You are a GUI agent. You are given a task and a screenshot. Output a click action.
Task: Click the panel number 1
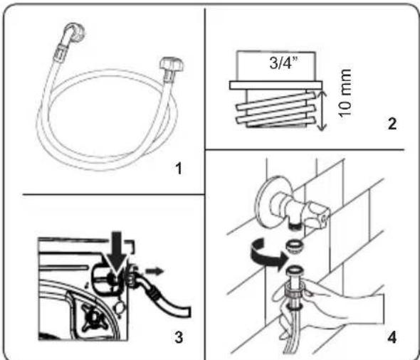pos(179,169)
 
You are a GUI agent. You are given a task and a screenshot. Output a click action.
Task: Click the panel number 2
pos(392,124)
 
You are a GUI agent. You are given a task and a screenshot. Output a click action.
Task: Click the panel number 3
pos(179,337)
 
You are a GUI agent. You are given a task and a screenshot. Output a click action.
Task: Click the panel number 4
pos(392,337)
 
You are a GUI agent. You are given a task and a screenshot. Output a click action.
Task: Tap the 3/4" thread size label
pos(283,63)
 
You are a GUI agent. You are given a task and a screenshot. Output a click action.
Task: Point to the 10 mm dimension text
pos(345,93)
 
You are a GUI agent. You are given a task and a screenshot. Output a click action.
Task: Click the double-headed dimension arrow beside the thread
pos(322,110)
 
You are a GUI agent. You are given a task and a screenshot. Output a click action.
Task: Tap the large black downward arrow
pos(117,252)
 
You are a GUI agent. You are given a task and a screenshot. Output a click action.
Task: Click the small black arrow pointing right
pos(154,271)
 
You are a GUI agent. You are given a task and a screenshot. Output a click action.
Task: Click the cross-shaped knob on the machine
pos(95,317)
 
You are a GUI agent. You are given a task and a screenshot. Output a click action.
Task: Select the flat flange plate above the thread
pos(276,85)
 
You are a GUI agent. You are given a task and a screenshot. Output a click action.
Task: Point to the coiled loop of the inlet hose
pos(43,120)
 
